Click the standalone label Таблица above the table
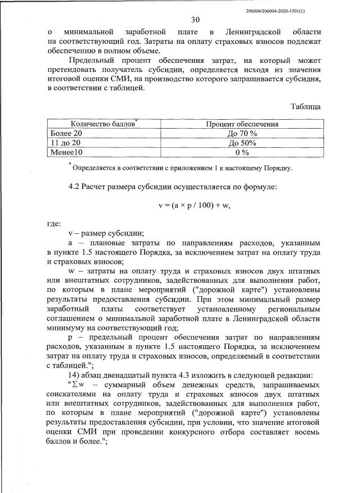pos(305,106)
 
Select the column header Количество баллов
pos(103,124)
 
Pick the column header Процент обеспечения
pos(241,124)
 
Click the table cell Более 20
pos(67,134)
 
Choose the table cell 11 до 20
pos(67,143)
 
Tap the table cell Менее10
pos(67,152)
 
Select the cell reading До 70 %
pos(242,134)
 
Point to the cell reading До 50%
pos(242,143)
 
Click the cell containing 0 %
pos(242,152)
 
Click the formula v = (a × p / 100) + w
pos(195,206)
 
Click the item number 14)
pos(75,376)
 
